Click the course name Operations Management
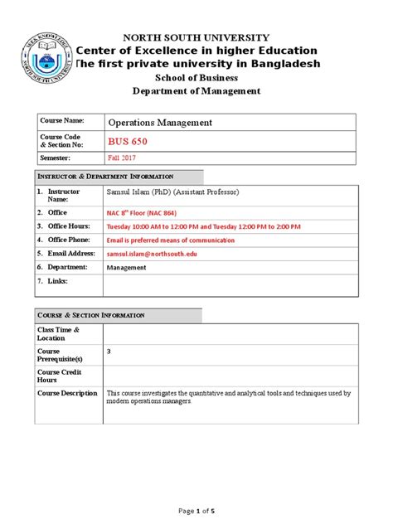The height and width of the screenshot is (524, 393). point(160,123)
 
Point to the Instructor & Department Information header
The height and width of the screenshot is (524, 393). point(105,177)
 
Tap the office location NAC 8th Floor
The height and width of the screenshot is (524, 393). point(143,212)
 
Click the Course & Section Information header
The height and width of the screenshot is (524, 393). point(91,316)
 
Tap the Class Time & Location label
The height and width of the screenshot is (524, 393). point(58,334)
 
